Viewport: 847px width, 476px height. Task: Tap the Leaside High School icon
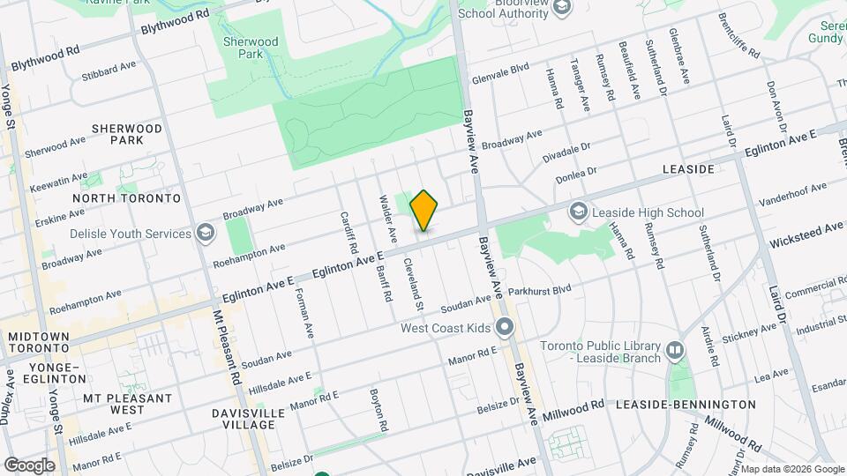579,212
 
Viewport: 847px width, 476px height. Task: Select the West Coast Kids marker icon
505,328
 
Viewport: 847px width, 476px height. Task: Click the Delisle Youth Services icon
205,234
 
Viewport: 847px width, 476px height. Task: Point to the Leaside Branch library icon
675,351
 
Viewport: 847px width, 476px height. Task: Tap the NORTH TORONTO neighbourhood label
126,198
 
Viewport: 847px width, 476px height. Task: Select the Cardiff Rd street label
345,231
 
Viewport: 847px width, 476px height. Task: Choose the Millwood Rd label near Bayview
573,408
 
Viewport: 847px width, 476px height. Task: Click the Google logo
28,465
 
